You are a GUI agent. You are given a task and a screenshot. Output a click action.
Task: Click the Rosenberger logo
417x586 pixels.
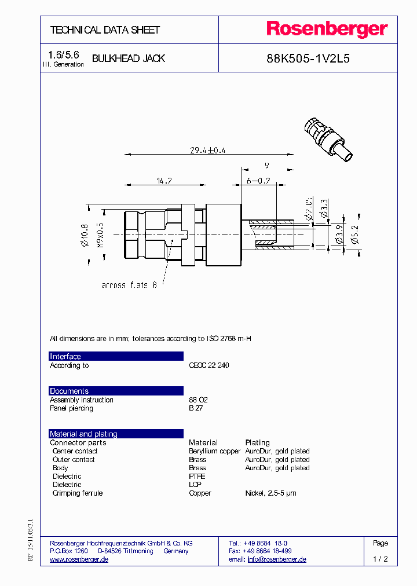[327, 30]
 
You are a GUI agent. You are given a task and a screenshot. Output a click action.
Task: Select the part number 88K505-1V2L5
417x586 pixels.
[308, 58]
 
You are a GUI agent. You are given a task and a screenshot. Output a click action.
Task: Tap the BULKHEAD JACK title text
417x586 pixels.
[129, 58]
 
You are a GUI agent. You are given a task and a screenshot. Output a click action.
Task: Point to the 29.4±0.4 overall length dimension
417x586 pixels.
[208, 150]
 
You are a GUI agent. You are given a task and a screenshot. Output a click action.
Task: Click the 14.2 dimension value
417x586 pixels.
[164, 181]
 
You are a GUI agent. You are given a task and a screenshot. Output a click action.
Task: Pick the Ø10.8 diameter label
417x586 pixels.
[85, 235]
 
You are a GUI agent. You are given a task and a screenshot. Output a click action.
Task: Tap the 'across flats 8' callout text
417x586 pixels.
[129, 285]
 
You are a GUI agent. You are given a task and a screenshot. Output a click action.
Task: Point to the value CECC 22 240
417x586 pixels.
[209, 365]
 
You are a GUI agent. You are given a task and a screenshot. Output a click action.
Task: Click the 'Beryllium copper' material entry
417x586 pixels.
[214, 451]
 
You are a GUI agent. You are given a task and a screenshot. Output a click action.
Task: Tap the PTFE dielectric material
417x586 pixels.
[197, 477]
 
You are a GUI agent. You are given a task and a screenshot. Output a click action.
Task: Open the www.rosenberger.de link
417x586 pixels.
[79, 559]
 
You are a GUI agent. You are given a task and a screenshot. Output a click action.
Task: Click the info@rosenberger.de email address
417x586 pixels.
[277, 559]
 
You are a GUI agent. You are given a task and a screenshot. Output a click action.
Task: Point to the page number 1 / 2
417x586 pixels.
[381, 559]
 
